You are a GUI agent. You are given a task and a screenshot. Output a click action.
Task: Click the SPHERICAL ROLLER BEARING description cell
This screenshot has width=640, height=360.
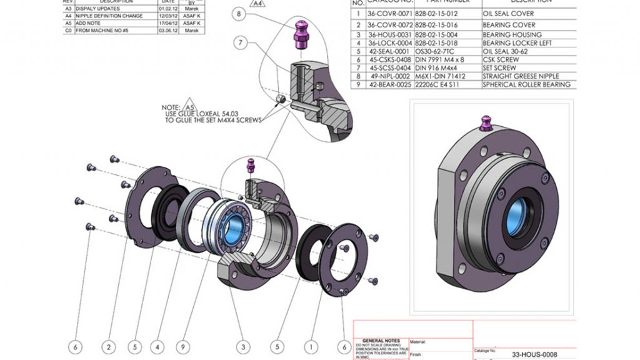coord(526,84)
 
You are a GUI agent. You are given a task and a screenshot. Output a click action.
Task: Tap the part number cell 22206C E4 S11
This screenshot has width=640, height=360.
coord(438,84)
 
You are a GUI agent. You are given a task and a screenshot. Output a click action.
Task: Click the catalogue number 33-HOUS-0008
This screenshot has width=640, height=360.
coord(534,354)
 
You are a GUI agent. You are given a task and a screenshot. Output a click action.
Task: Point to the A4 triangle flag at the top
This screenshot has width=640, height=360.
coord(256,2)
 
